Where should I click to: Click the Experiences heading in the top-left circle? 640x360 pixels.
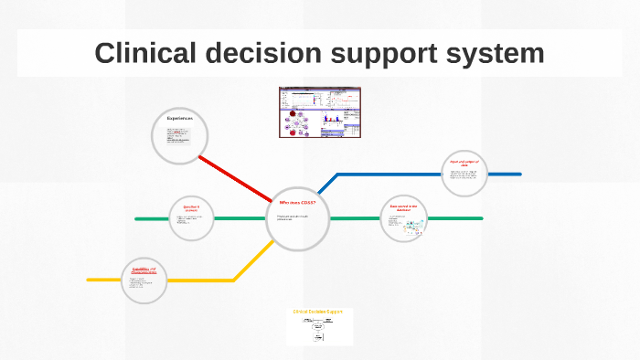click(x=179, y=119)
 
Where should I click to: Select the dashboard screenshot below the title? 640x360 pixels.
click(x=320, y=112)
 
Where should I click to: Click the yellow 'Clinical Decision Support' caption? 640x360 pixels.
click(x=320, y=312)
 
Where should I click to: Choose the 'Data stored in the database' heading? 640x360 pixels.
click(x=403, y=207)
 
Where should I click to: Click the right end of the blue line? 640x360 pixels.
click(x=519, y=174)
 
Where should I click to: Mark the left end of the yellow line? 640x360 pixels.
click(x=90, y=280)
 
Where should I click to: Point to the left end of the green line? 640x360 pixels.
click(x=137, y=219)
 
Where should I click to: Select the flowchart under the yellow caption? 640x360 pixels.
click(x=319, y=330)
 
